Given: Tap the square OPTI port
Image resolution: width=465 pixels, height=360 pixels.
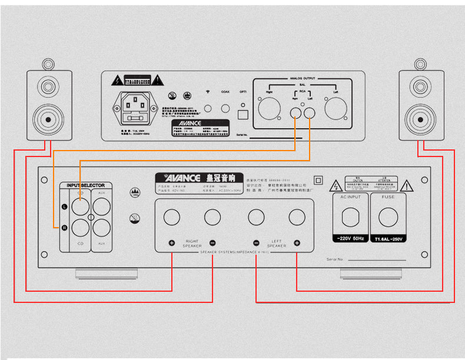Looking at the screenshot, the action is click(x=243, y=115).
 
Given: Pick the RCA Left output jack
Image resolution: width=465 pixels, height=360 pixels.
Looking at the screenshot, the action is click(x=310, y=112).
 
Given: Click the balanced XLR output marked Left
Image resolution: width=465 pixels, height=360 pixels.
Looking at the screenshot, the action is click(x=335, y=111).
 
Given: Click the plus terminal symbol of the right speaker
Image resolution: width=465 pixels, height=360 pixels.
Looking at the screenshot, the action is click(x=172, y=242).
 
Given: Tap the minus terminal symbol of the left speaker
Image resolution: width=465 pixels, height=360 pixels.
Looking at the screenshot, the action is click(x=257, y=242).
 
